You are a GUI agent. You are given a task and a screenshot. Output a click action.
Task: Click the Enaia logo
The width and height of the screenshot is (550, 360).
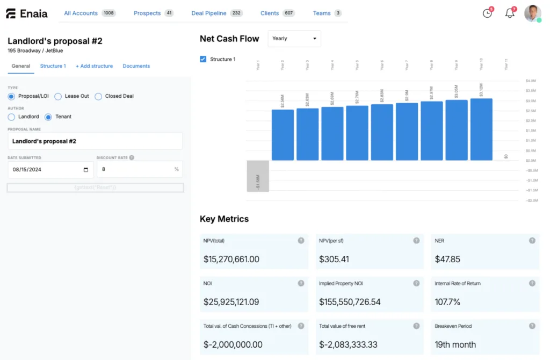26,13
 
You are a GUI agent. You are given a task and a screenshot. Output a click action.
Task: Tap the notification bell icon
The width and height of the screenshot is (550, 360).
510,13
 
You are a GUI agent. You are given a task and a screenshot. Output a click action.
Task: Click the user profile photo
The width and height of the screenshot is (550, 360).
532,13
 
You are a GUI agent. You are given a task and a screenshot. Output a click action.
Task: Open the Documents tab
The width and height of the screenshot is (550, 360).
136,66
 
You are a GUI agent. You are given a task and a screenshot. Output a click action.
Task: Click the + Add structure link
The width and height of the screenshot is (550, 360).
94,66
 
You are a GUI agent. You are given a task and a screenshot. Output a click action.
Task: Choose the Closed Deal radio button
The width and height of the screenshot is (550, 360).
98,96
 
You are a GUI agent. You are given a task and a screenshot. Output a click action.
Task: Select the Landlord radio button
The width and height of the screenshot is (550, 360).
11,117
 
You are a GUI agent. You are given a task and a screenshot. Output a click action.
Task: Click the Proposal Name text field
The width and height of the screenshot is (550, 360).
95,141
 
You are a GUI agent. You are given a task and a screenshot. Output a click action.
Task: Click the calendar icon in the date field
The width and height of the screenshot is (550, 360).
86,170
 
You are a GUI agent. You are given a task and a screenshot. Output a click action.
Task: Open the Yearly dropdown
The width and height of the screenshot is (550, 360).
294,39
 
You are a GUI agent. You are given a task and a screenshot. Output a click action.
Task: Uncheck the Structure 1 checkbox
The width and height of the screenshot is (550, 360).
203,59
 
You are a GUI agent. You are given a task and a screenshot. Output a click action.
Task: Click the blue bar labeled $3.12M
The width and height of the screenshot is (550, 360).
481,129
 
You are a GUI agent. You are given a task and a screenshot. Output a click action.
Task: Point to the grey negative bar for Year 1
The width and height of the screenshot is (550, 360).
258,176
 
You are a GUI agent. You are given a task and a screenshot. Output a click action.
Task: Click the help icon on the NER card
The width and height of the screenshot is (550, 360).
532,241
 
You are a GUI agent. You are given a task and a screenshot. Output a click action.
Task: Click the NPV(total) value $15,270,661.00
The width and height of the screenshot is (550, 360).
231,259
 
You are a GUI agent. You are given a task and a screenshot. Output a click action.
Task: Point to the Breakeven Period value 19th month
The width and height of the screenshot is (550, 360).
455,344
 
